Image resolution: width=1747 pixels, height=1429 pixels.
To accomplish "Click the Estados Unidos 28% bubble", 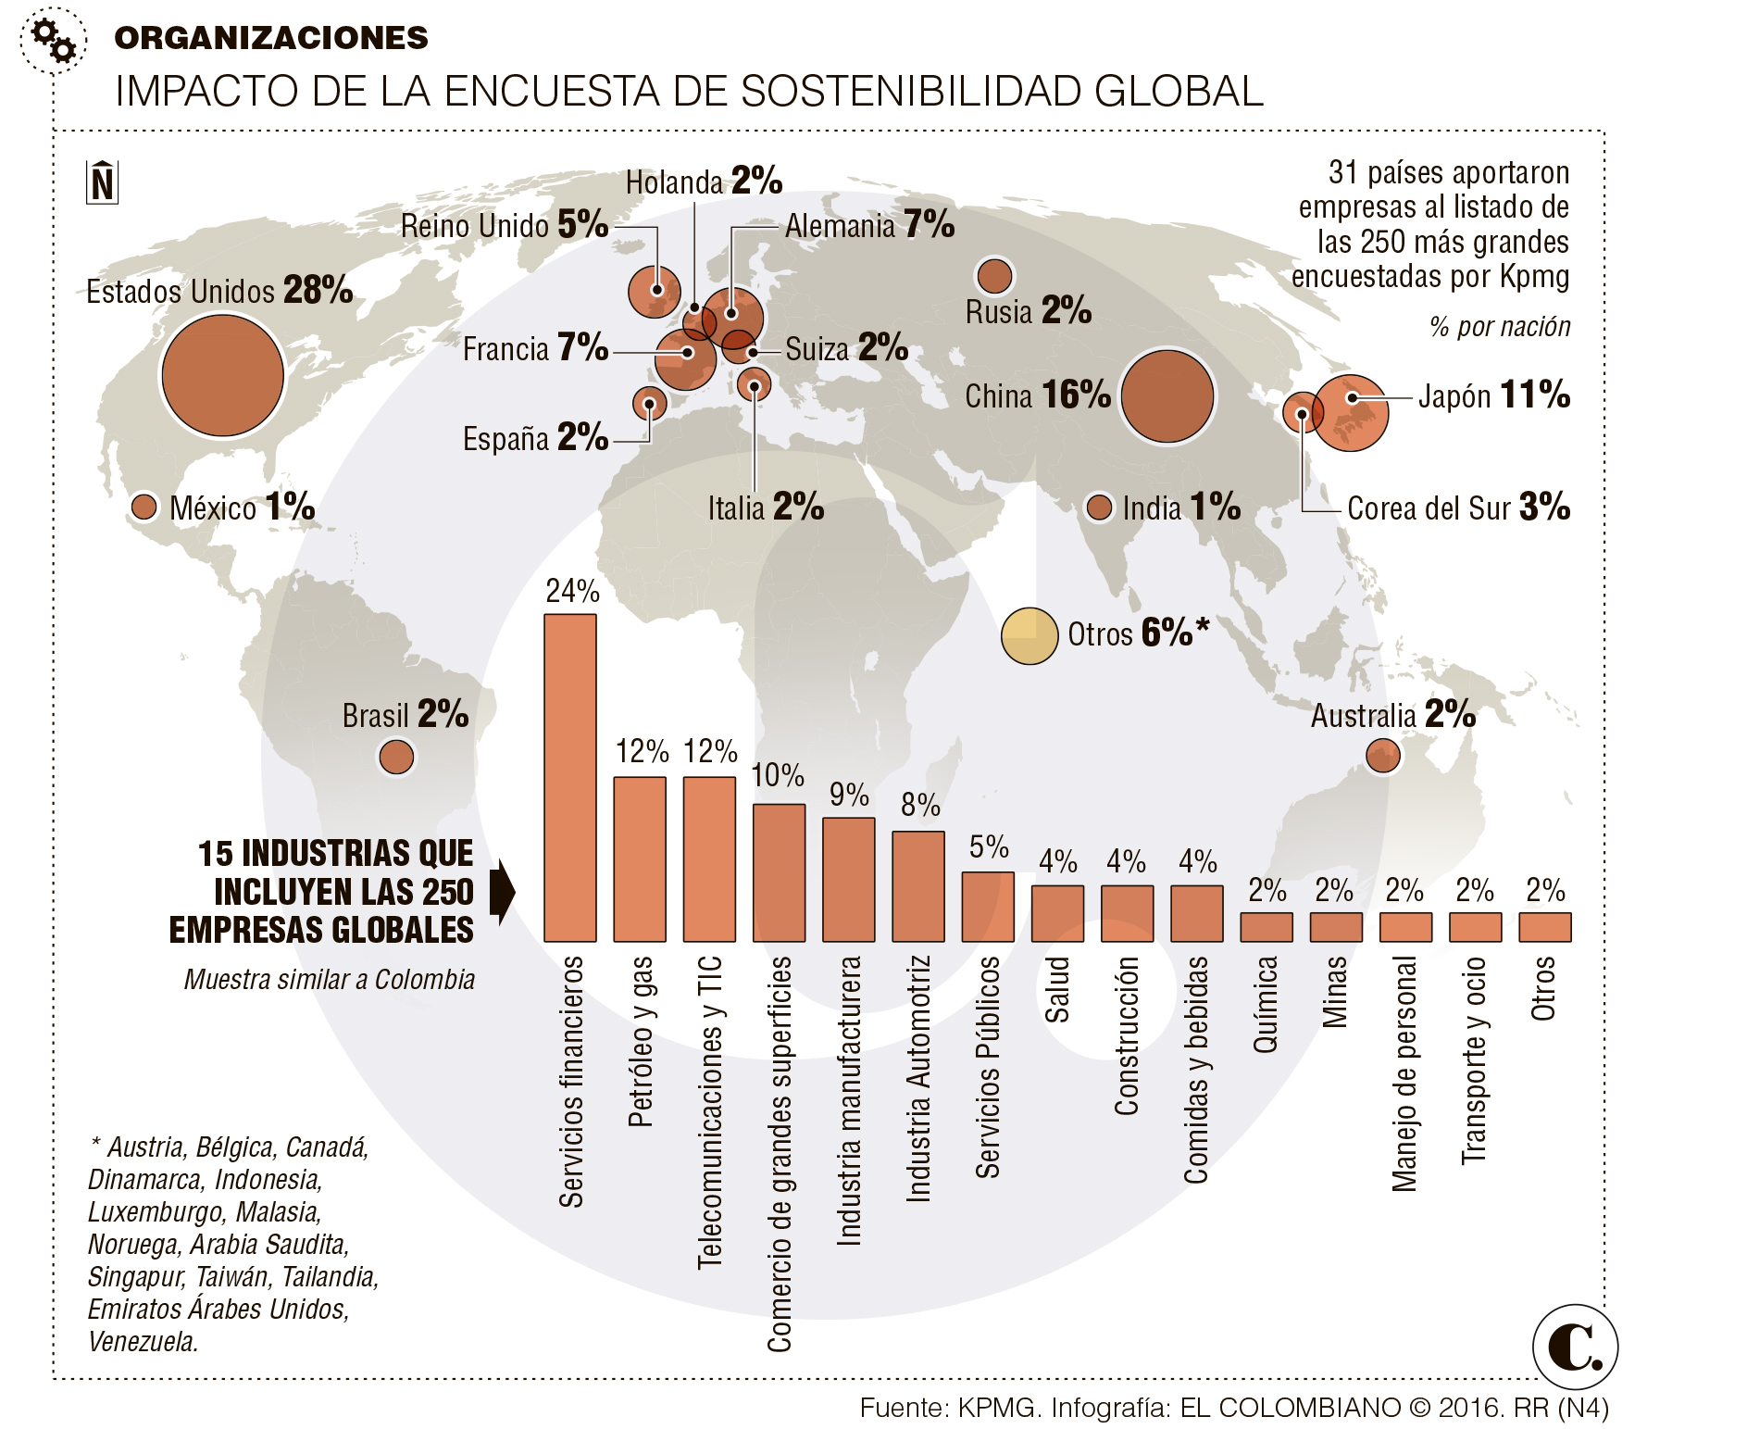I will [x=222, y=376].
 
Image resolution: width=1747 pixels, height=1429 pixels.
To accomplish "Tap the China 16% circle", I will [x=1167, y=396].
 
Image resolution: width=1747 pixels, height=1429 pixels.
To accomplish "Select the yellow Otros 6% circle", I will [x=1029, y=636].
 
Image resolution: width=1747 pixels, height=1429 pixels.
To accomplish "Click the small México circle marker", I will [x=144, y=507].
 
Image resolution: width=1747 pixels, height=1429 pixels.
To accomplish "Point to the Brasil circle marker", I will [x=396, y=757].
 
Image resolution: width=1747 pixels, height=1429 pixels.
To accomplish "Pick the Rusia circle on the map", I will [x=994, y=275].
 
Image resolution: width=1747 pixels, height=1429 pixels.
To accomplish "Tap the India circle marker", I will [x=1098, y=508].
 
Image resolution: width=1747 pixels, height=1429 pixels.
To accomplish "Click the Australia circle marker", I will [x=1382, y=756].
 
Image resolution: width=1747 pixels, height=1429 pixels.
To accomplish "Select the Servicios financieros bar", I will [x=569, y=778].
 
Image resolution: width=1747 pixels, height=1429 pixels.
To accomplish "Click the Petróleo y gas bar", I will [x=639, y=859].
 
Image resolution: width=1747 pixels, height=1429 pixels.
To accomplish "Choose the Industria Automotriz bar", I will [x=917, y=886].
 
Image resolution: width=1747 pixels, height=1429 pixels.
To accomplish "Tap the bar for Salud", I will [x=1057, y=913].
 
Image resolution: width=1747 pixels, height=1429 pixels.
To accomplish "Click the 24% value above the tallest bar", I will [x=572, y=591].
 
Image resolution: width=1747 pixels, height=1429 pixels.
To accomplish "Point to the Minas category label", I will [x=1334, y=992].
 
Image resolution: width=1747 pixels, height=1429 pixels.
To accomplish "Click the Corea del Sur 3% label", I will [x=1458, y=508].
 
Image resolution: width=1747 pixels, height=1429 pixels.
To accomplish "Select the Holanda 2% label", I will [x=704, y=182].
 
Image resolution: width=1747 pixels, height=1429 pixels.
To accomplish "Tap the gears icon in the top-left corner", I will [x=53, y=40].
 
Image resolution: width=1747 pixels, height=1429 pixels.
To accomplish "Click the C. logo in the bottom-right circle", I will [x=1575, y=1348].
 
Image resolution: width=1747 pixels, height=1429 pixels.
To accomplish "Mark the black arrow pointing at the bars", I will [x=502, y=891].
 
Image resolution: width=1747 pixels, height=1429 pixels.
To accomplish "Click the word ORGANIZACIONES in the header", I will [x=271, y=38].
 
